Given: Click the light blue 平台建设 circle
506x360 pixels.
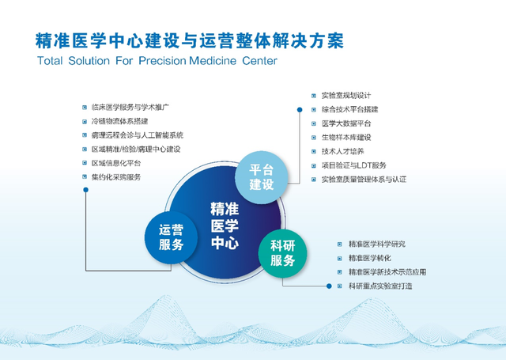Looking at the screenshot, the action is [x=261, y=177].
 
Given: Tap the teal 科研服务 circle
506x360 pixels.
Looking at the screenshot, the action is [x=283, y=253].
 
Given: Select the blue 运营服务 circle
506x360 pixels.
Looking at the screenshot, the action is [x=171, y=237].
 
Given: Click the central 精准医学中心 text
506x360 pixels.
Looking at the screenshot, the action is [x=225, y=225].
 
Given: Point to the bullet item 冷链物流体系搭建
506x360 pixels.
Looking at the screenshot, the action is [x=119, y=121].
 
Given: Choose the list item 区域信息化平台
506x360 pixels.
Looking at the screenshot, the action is [x=116, y=163].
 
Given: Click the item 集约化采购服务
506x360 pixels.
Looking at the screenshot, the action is [x=116, y=177].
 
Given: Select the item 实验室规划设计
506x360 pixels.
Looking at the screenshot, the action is [x=346, y=96].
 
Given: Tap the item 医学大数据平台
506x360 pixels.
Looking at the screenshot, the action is [x=346, y=123].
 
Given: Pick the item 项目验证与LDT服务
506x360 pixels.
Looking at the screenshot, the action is [x=353, y=165].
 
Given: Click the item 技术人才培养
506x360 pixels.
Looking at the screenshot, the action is [x=342, y=151].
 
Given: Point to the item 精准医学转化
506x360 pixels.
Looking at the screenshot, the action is [x=370, y=258].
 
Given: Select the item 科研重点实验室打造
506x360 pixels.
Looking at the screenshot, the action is [x=380, y=286].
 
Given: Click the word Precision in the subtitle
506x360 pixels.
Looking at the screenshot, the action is [x=162, y=61].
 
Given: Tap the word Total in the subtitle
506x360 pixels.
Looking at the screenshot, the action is [x=50, y=61].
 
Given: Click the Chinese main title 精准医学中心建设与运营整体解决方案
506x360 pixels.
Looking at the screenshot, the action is [x=190, y=40].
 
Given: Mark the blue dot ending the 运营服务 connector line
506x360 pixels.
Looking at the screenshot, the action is [x=86, y=190].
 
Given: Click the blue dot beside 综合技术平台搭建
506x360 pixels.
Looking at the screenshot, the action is [x=300, y=110].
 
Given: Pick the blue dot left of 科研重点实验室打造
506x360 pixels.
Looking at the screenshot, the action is [x=329, y=286].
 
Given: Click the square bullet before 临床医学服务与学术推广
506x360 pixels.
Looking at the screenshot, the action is [x=85, y=107].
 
